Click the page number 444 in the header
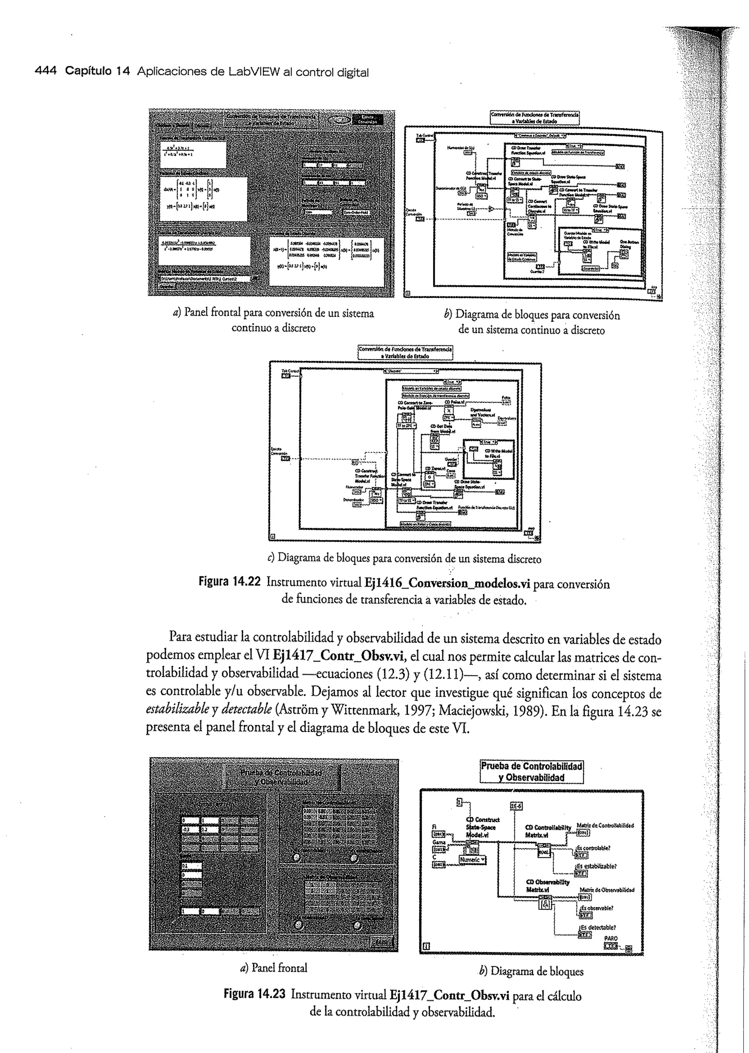click(x=45, y=72)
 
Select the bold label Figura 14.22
click(x=230, y=583)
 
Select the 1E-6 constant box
click(x=516, y=806)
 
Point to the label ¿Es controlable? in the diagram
click(x=594, y=848)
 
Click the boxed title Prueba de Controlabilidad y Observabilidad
click(x=531, y=772)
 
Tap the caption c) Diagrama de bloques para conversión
click(x=404, y=559)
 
